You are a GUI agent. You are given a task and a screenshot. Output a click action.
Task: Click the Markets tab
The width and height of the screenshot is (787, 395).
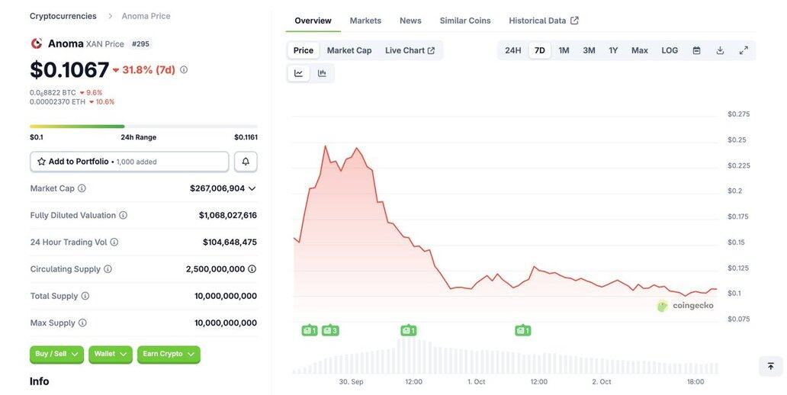(x=365, y=21)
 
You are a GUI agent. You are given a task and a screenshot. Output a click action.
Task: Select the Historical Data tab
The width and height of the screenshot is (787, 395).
(x=543, y=21)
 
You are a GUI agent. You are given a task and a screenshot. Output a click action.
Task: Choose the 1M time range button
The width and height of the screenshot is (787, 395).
(x=564, y=50)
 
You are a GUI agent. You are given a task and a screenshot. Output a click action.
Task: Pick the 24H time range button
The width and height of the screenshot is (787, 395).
(x=512, y=50)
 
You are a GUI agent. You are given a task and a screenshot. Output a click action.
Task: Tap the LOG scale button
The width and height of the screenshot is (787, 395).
(x=670, y=50)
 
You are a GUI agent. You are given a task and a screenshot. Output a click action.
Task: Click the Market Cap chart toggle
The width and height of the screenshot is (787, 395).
(x=349, y=50)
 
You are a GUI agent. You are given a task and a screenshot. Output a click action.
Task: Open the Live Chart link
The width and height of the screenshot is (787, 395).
(x=410, y=50)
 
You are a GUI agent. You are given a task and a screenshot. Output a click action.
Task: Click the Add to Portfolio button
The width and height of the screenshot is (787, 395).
(x=129, y=162)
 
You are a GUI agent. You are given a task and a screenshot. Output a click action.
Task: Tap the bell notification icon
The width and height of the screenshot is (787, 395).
(x=246, y=162)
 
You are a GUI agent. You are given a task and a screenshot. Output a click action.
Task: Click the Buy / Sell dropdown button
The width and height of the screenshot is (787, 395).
(x=56, y=354)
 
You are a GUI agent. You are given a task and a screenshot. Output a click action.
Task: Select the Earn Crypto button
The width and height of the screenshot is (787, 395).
(x=169, y=354)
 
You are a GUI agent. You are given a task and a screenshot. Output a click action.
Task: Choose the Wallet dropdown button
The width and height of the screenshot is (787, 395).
(x=110, y=354)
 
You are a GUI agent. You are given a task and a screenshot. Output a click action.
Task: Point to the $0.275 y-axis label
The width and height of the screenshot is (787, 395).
(x=738, y=114)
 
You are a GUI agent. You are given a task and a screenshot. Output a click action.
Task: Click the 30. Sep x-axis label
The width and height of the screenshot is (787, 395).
(x=351, y=381)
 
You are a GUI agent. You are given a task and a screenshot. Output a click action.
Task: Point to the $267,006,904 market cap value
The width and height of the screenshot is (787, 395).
(x=217, y=188)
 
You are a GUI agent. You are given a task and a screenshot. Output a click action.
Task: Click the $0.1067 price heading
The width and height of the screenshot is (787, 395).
(x=69, y=69)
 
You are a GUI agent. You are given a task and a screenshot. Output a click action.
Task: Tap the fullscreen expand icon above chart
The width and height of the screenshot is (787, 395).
(x=744, y=50)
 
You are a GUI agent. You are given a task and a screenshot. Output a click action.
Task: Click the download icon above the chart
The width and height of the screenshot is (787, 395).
(x=720, y=50)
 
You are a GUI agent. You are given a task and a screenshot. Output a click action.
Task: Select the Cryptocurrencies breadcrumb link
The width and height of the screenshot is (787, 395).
(x=63, y=16)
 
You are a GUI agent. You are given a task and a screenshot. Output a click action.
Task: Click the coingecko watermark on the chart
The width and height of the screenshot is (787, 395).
(x=686, y=306)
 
